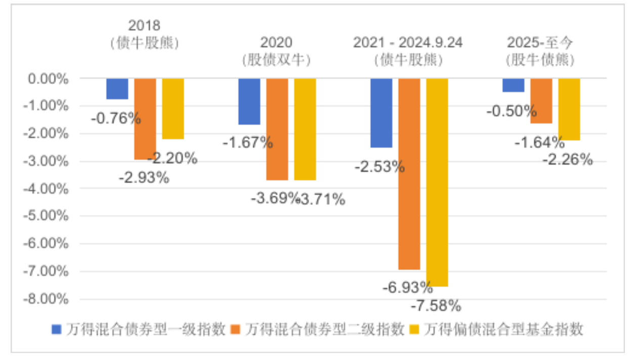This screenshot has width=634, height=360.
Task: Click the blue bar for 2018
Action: [x=117, y=89]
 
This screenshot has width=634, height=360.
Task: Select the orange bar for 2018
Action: [x=145, y=119]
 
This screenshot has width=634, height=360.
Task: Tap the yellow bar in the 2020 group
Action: [x=305, y=129]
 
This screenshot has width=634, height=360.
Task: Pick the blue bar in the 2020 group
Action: [x=249, y=101]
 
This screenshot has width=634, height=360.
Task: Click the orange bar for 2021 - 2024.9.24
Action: [x=409, y=173]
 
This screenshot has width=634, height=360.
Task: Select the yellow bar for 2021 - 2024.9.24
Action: [x=437, y=182]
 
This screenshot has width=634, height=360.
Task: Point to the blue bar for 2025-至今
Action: [x=513, y=85]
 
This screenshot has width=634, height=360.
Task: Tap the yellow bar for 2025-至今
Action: [x=569, y=109]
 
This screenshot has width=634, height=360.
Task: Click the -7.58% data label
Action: [x=436, y=305]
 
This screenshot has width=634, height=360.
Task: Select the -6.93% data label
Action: [x=407, y=288]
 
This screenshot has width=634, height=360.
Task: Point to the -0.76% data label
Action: [x=116, y=119]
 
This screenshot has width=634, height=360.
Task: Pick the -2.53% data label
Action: [x=379, y=166]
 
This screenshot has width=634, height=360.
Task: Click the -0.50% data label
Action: [x=511, y=110]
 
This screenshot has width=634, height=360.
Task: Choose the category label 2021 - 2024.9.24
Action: [x=408, y=43]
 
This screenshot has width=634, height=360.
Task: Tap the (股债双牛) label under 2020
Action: [x=276, y=60]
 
